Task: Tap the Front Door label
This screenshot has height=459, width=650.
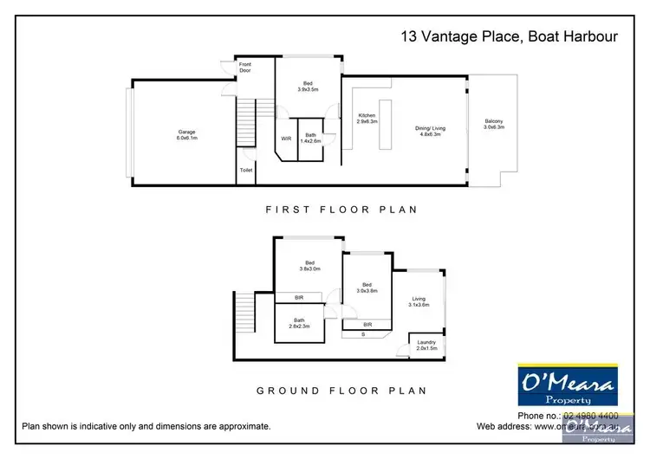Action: (x=246, y=68)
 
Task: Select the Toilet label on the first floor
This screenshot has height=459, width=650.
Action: (x=246, y=171)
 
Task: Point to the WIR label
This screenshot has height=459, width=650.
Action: (x=285, y=138)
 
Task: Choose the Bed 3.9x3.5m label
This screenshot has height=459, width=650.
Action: (x=308, y=86)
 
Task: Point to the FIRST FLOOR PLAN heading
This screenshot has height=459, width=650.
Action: (x=341, y=210)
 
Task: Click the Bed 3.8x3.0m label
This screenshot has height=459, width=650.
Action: (x=308, y=266)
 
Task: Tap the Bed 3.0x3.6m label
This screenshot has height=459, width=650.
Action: (x=367, y=288)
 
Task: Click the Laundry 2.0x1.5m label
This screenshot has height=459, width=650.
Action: (x=426, y=345)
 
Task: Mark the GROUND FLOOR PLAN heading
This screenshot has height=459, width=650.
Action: (x=341, y=391)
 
